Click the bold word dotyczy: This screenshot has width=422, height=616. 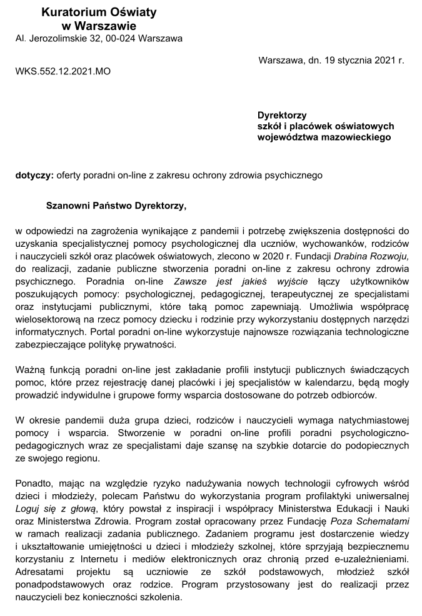point(34,176)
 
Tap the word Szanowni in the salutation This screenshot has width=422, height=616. point(69,204)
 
